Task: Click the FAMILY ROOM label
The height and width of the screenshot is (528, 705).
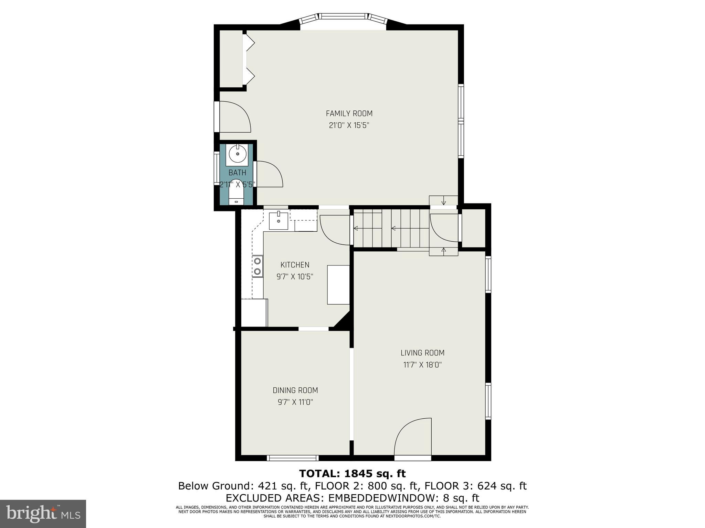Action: point(349,113)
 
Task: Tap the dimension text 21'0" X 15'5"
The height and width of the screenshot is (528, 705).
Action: point(349,125)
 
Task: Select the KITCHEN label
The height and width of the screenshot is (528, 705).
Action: point(295,265)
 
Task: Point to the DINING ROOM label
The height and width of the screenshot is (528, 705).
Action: point(295,390)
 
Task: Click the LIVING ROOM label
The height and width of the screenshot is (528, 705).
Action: point(422,353)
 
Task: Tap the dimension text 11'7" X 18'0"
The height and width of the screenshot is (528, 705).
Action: point(422,365)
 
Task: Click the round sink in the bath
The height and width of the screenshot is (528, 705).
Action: point(237,154)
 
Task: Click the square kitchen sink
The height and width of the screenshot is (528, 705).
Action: point(278,221)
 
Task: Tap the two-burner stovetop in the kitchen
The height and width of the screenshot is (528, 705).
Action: point(257,266)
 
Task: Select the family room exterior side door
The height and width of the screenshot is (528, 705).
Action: point(234,117)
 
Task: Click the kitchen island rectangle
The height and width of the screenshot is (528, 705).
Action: point(338,285)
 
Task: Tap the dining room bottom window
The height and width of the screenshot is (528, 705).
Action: point(293,458)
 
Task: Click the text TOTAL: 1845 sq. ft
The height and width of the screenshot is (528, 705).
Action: point(352,474)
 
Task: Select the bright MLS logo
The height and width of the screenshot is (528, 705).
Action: point(43,514)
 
